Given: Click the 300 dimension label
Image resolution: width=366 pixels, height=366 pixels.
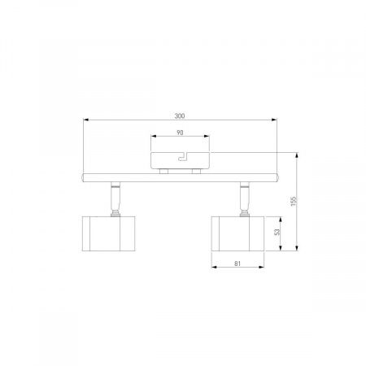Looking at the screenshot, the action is click(x=180, y=115).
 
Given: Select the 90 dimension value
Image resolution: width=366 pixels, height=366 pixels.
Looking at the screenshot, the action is click(x=180, y=133).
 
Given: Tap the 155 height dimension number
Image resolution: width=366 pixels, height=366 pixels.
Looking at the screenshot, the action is click(x=294, y=201).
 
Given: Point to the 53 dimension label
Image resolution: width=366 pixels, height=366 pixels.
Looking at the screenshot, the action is click(x=277, y=232).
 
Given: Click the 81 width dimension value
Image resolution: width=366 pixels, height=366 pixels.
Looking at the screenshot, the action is click(x=237, y=264).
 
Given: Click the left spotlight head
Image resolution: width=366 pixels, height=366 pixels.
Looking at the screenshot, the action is click(x=108, y=233).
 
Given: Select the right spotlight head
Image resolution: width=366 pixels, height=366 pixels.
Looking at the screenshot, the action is click(x=237, y=233).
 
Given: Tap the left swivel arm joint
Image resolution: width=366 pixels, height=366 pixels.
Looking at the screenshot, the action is click(x=115, y=199).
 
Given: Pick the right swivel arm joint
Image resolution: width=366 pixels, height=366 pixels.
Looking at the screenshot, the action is click(x=245, y=199).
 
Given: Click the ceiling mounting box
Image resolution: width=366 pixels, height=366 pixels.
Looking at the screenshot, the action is click(x=180, y=160).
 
